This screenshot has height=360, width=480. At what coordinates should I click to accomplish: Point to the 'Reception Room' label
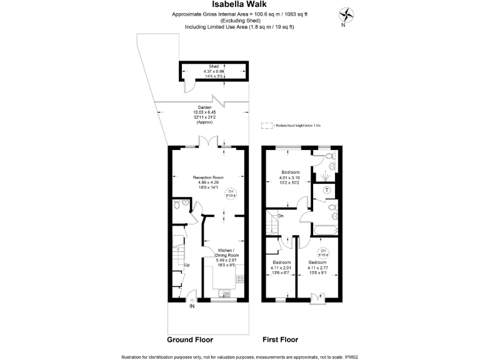208,177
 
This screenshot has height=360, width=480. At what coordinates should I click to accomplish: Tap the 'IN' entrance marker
191,306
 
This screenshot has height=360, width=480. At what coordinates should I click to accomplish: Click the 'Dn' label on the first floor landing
281,216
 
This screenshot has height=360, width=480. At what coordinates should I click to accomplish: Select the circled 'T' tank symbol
326,190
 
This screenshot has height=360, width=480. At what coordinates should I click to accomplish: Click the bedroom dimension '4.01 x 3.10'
291,178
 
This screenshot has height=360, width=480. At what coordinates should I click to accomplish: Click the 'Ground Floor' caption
190,340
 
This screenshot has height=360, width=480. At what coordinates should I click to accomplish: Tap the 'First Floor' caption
280,340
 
